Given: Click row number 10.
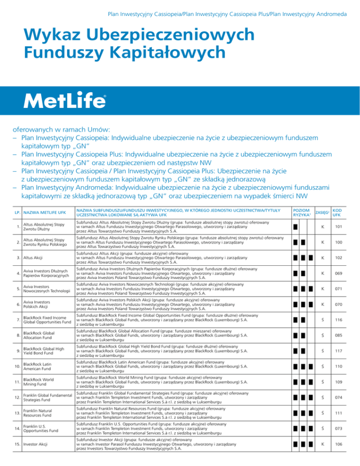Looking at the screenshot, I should click(16, 382).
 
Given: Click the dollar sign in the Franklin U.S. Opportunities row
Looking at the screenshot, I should click(332, 436).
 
